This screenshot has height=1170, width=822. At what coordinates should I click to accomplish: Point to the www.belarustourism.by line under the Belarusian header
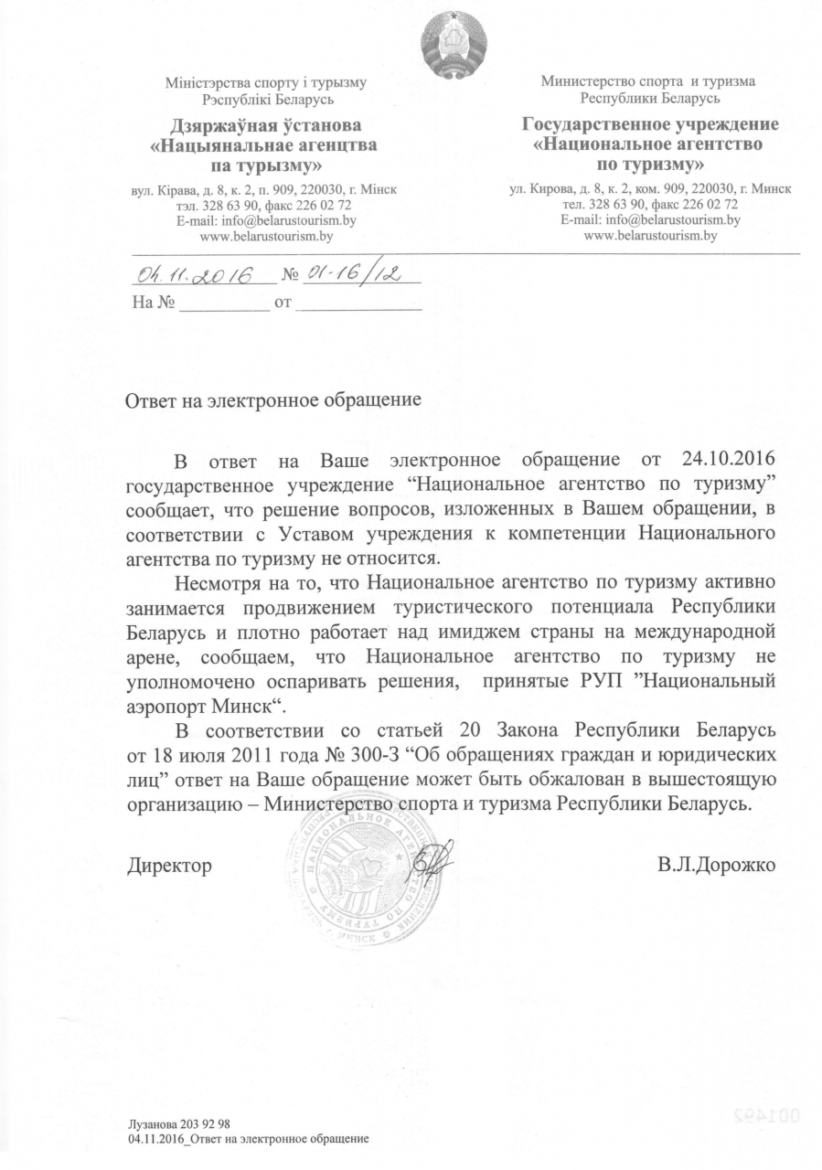265,236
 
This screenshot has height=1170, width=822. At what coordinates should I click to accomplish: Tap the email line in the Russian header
650,220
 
